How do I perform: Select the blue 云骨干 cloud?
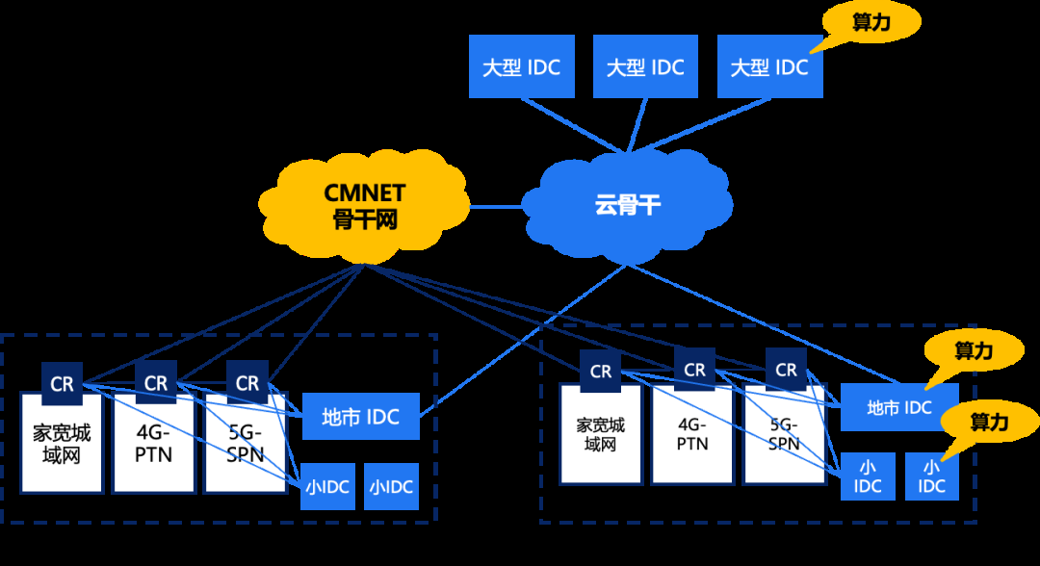[626, 204]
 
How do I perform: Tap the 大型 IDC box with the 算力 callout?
[770, 67]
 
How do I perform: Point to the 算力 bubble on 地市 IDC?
[974, 352]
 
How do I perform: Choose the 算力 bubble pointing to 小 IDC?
[989, 423]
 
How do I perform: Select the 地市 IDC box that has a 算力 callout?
[898, 408]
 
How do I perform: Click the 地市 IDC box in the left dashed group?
[360, 418]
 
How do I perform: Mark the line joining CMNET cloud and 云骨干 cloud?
[495, 205]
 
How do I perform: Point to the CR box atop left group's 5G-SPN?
[247, 383]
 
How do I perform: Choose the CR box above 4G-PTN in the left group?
[155, 383]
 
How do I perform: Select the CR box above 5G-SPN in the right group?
[787, 370]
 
